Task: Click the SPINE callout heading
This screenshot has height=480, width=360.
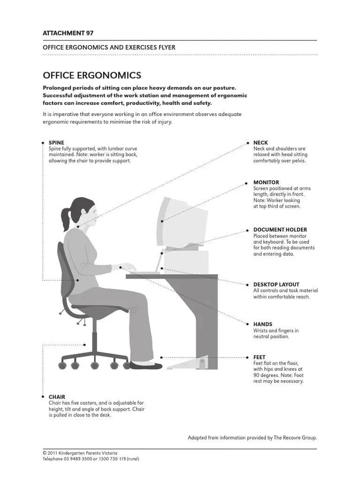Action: tap(56, 142)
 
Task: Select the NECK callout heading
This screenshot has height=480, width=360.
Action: tap(260, 142)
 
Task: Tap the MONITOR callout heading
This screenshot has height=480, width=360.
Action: tap(266, 182)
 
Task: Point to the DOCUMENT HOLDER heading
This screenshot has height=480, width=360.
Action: tap(280, 230)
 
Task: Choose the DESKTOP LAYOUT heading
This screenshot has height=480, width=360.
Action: tap(276, 285)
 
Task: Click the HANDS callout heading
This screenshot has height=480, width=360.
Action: tap(262, 324)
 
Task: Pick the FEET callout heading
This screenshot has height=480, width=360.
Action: tap(259, 357)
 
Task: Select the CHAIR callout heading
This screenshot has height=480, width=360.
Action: tap(57, 397)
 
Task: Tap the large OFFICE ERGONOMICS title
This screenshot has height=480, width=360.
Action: tap(92, 75)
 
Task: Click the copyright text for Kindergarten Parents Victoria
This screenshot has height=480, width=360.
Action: tap(80, 453)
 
